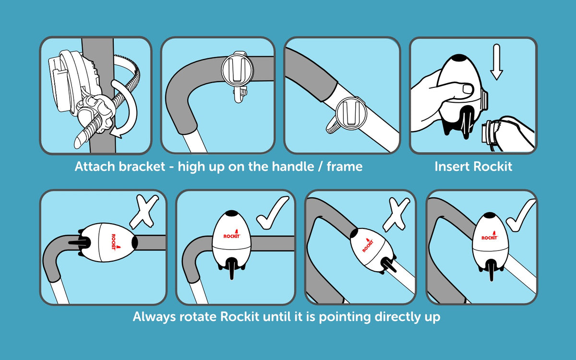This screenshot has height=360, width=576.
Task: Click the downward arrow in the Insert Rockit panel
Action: pyautogui.click(x=496, y=62)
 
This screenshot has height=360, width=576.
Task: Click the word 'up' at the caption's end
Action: pyautogui.click(x=432, y=318)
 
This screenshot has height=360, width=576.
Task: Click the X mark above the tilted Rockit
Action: pyautogui.click(x=396, y=213)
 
